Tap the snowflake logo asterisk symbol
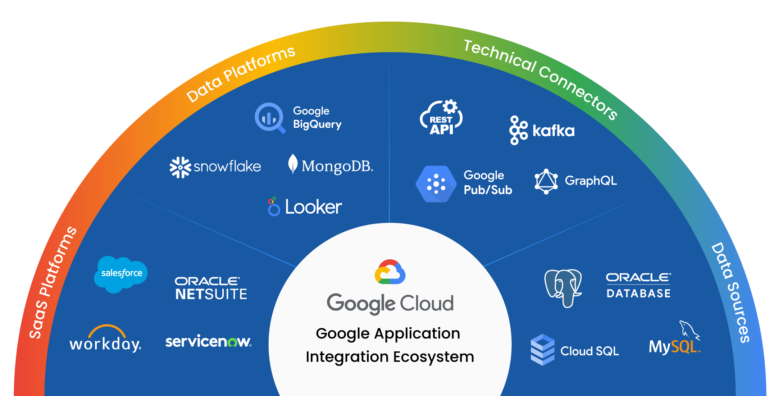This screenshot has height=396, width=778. click(180, 167)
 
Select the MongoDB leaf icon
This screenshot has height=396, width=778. click(293, 164)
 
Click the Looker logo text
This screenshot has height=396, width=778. click(313, 207)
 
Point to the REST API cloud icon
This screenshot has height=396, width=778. click(441, 118)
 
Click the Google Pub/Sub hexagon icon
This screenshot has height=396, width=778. click(436, 184)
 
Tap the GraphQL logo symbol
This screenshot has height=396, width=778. click(546, 181)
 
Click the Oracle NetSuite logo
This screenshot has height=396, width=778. click(211, 288)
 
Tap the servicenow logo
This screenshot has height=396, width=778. click(208, 341)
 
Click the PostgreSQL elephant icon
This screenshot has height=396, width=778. click(563, 288)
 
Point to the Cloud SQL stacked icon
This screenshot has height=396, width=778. click(542, 350)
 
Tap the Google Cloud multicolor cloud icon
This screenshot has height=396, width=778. click(390, 272)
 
